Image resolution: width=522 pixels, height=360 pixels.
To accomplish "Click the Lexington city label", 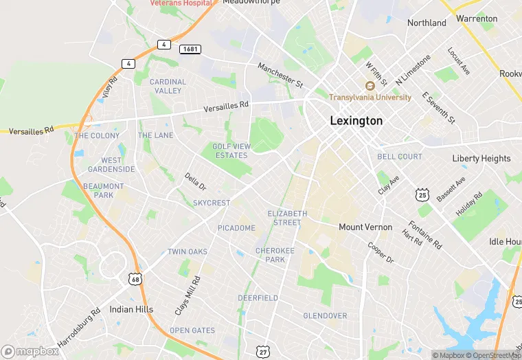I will [x=356, y=121].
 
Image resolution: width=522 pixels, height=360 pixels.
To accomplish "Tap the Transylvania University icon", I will [x=370, y=86].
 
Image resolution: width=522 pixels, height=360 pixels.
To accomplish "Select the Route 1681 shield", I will [x=190, y=49].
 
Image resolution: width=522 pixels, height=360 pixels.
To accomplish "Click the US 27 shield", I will [x=262, y=350].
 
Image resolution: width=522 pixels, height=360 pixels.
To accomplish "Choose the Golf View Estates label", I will [x=230, y=150].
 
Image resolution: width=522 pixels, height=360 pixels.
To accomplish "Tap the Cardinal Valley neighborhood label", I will [x=168, y=86].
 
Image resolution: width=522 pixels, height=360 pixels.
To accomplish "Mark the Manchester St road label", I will [x=280, y=76].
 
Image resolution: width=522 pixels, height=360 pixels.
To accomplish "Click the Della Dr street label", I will [x=195, y=181].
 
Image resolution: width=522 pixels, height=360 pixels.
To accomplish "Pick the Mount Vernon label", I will [x=365, y=227].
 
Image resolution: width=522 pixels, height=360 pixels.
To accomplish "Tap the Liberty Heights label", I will [x=481, y=159].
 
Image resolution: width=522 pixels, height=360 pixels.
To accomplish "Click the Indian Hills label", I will [x=131, y=309].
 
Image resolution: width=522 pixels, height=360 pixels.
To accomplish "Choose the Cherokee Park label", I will [x=275, y=256].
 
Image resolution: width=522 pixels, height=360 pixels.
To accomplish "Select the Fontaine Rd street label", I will [x=425, y=234].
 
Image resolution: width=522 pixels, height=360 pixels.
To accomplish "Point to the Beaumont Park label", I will [x=104, y=190].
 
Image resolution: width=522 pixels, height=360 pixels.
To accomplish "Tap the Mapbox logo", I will [x=30, y=351].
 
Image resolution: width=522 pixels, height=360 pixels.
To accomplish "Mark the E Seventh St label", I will [x=438, y=107].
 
